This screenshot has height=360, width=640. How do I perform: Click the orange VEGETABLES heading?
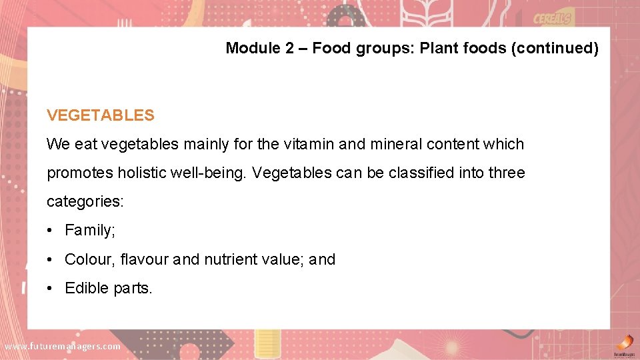pos(100,115)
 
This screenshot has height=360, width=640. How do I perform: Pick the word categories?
pos(85,202)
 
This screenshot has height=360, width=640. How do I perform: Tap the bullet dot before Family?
pos(51,231)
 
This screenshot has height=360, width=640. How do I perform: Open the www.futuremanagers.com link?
pos(62,346)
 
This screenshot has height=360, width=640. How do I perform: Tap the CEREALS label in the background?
pos(554,18)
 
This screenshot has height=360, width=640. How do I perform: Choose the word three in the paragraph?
pos(507,173)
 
